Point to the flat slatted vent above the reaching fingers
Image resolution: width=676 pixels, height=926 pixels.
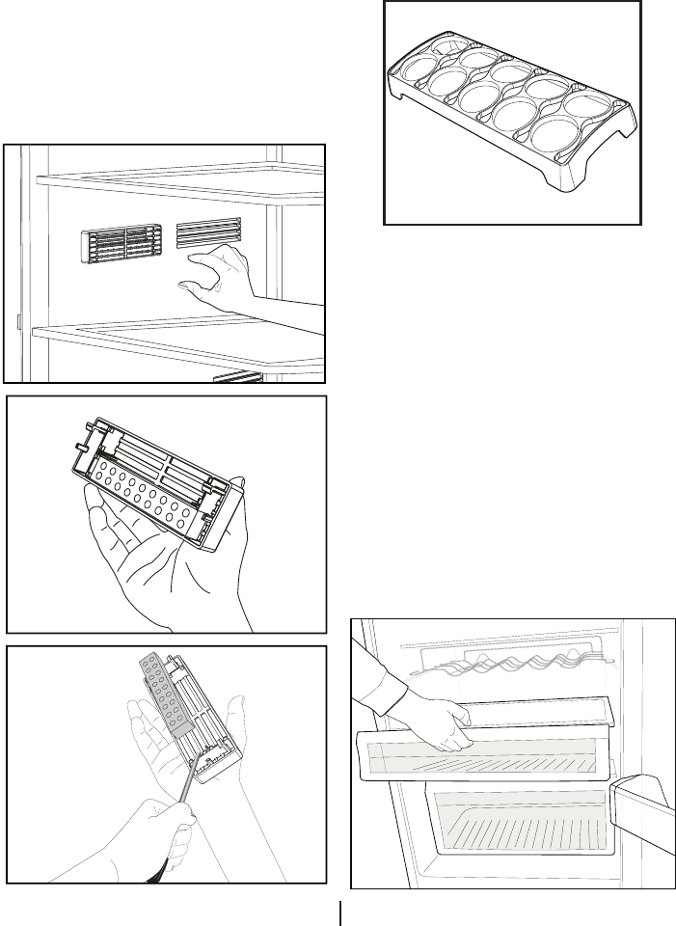coord(208,232)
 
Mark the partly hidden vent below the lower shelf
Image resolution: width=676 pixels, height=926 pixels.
coord(237,376)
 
